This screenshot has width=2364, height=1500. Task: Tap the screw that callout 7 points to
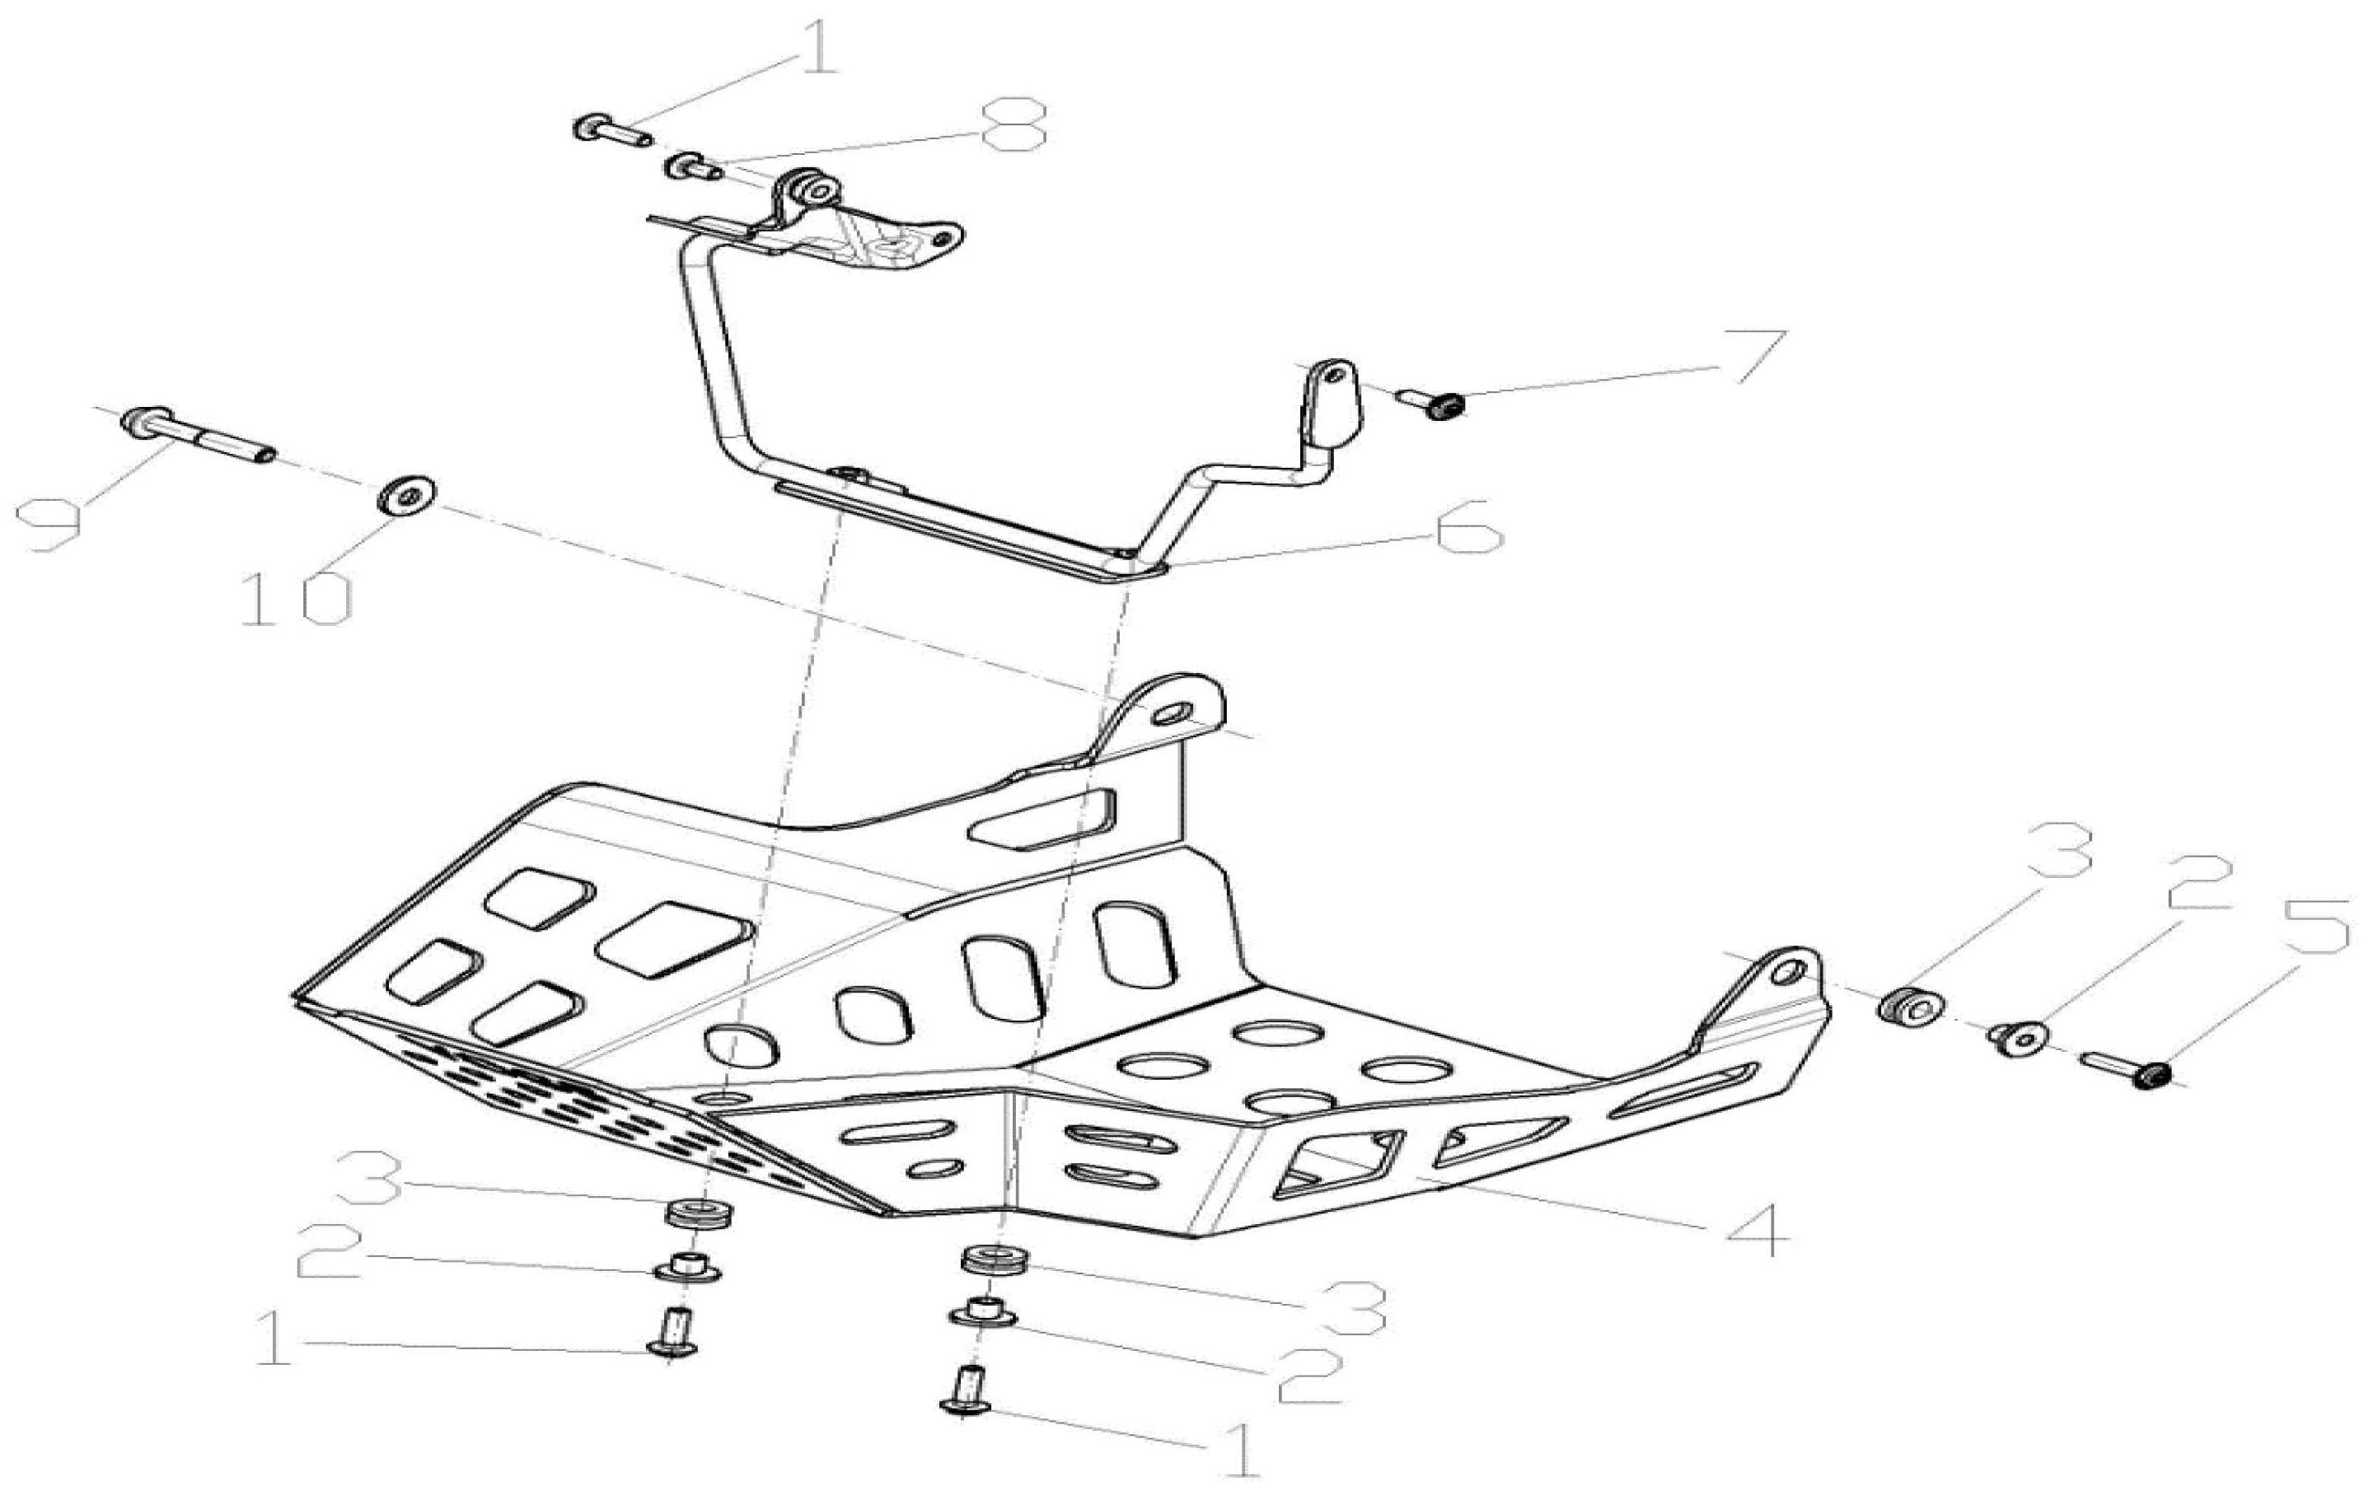tap(1435, 403)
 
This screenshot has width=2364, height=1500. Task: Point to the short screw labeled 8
tap(693, 168)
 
